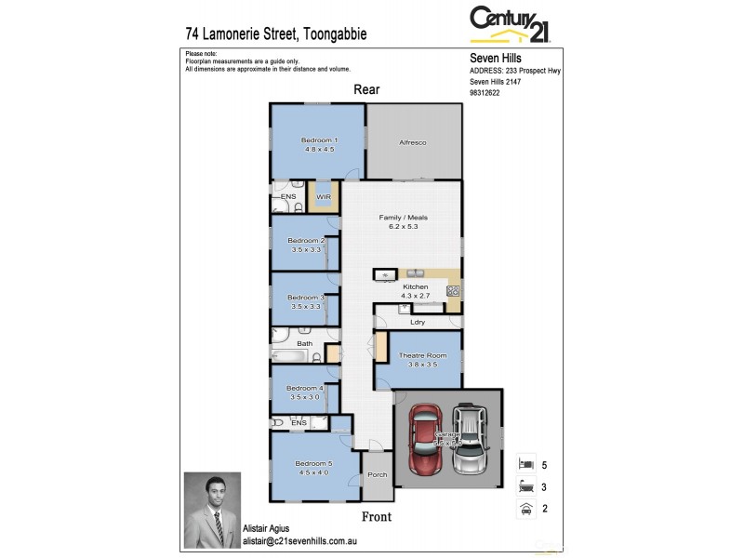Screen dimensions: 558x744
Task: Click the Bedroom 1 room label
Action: click(318, 139)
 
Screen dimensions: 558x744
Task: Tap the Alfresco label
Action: click(412, 142)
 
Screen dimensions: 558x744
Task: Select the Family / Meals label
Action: click(402, 218)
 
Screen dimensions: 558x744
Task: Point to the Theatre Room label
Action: click(422, 355)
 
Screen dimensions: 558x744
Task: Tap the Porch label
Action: click(377, 475)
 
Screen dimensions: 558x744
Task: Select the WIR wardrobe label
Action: click(325, 197)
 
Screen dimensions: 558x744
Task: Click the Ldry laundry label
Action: click(418, 322)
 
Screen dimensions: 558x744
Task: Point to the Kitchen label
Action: click(415, 286)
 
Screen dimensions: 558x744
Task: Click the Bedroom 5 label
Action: click(313, 463)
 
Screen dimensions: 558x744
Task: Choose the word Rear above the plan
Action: click(365, 89)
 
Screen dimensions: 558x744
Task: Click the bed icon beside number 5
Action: click(526, 462)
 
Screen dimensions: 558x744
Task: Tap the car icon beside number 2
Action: click(526, 509)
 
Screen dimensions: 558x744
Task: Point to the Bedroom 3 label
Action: click(306, 298)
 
